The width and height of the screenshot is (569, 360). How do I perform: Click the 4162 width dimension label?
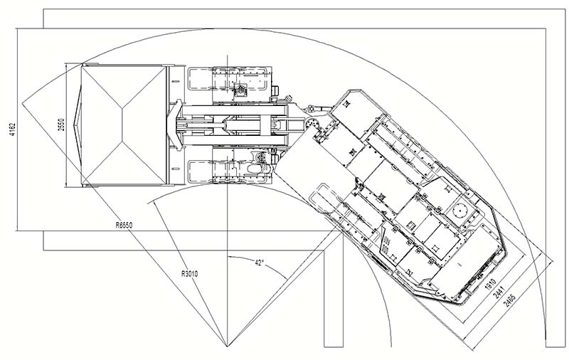tap(13, 129)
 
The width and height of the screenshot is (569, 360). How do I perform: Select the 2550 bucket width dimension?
tap(61, 125)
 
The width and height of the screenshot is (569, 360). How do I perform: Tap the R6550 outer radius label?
tap(124, 226)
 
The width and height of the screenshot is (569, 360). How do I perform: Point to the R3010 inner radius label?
tap(189, 274)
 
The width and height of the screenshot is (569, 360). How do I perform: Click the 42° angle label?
tap(259, 263)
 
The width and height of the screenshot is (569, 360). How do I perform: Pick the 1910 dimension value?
tap(490, 284)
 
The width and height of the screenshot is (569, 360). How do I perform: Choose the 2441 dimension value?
tap(499, 292)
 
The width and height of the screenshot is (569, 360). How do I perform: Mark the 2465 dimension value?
tap(509, 300)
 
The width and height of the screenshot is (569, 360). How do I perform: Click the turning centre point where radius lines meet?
tap(227, 346)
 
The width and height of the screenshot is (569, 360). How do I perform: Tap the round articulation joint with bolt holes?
tap(311, 123)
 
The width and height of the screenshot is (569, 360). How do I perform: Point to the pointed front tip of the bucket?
tap(74, 125)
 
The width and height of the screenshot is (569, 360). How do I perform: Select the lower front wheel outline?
tap(200, 171)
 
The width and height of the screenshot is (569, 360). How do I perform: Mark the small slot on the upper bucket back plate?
tap(175, 80)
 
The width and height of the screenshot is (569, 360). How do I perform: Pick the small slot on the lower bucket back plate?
tap(175, 169)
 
